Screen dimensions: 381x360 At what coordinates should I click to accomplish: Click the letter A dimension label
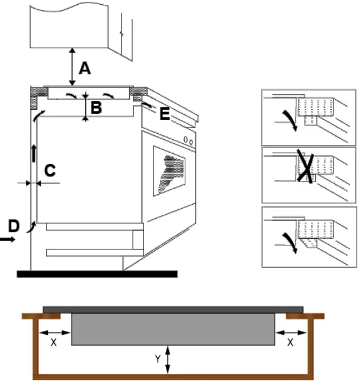[85, 69]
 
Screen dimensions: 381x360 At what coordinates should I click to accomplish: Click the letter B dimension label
[96, 107]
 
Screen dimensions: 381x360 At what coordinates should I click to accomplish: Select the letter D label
[14, 225]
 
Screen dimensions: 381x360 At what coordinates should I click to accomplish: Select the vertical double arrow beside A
[72, 68]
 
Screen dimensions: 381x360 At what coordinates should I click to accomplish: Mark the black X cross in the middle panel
[305, 166]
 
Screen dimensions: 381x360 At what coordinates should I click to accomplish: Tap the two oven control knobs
[188, 140]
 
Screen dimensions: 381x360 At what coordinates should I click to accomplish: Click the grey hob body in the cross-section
[172, 329]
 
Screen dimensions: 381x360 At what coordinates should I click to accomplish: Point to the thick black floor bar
[97, 274]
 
